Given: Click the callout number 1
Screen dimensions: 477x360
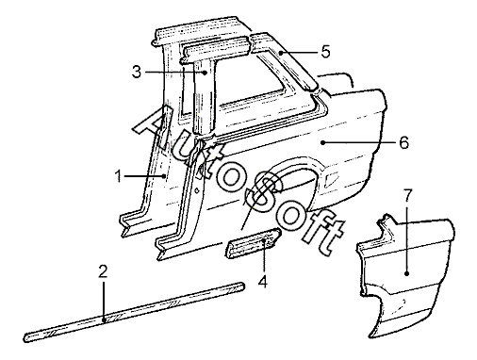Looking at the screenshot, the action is point(119,176).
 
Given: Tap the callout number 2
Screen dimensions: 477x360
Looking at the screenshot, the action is point(103,271).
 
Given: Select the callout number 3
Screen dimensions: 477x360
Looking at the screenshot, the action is point(137,73).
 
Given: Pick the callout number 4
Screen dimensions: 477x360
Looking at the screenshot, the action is point(263,281).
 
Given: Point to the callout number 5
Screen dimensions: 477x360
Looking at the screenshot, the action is point(326,52).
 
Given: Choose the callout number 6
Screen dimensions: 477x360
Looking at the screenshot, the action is point(404,142).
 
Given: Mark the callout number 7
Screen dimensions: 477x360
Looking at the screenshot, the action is point(407,196).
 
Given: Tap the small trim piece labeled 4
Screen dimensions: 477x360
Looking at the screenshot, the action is point(254,243).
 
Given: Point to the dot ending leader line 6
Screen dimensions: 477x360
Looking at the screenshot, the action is point(322,142).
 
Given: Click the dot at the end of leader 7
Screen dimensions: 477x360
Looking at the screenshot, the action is point(407,274).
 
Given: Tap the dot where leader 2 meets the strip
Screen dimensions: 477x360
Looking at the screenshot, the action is point(104,320).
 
